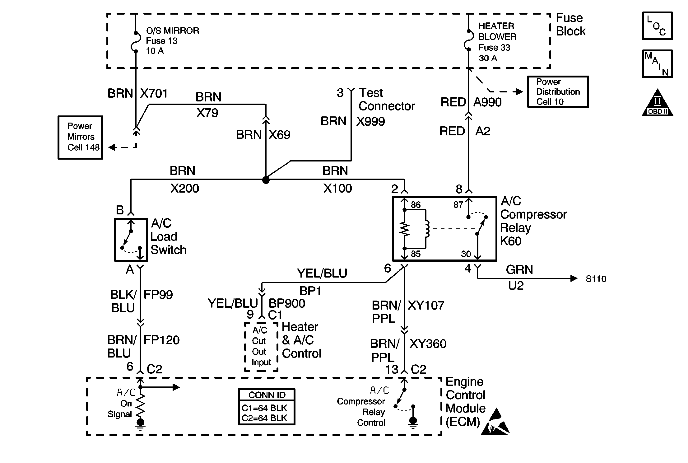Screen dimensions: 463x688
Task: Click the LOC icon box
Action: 657,26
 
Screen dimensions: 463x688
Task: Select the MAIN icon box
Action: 657,64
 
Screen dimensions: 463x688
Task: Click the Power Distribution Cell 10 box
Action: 558,92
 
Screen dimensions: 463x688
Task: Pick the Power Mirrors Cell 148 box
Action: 80,137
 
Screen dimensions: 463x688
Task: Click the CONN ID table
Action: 267,407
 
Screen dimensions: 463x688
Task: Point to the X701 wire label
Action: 154,93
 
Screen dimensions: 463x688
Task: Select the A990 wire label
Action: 487,102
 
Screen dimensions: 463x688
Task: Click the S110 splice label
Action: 596,279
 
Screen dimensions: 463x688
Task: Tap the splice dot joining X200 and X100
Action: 266,180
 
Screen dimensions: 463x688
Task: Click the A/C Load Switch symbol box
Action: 131,240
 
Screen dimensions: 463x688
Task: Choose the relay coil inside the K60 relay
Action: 427,229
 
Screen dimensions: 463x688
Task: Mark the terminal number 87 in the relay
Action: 458,205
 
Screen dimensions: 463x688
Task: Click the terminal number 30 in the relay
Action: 466,254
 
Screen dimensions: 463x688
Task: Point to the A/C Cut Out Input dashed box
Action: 261,347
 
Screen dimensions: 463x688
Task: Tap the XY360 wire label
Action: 428,344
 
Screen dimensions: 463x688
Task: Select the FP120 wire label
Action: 161,340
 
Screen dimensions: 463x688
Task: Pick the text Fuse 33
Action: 494,48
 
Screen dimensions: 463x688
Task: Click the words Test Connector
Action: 386,99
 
